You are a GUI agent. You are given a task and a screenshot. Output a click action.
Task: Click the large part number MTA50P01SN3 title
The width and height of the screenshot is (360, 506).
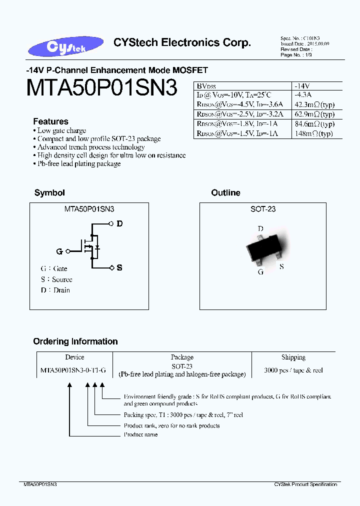point(101,88)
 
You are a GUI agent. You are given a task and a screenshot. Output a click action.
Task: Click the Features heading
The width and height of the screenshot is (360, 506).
point(50,121)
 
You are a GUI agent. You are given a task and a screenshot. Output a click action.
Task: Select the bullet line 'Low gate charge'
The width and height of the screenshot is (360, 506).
point(62,130)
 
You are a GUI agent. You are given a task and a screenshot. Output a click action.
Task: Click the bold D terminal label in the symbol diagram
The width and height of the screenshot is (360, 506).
point(119,224)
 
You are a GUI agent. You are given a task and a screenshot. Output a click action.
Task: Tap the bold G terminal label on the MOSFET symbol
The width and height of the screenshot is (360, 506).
point(59,251)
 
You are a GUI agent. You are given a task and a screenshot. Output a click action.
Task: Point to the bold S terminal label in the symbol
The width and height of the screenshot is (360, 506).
point(119,268)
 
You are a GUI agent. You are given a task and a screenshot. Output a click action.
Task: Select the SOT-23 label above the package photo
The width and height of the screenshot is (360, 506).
point(263,209)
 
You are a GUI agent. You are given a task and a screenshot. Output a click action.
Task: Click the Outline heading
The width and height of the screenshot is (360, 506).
point(225,193)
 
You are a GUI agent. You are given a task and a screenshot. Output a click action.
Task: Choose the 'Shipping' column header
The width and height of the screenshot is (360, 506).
point(293,357)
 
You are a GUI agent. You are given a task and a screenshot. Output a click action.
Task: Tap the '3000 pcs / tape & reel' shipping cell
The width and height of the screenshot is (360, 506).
point(293,370)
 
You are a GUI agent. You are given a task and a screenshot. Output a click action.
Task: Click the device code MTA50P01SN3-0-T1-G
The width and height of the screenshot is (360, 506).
point(73,370)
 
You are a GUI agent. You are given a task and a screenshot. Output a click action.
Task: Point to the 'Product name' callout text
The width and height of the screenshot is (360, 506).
point(140,435)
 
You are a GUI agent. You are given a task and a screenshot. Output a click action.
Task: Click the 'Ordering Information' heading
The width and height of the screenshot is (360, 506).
point(75,341)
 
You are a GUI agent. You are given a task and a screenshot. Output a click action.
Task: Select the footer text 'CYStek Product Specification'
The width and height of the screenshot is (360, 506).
point(305,484)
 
